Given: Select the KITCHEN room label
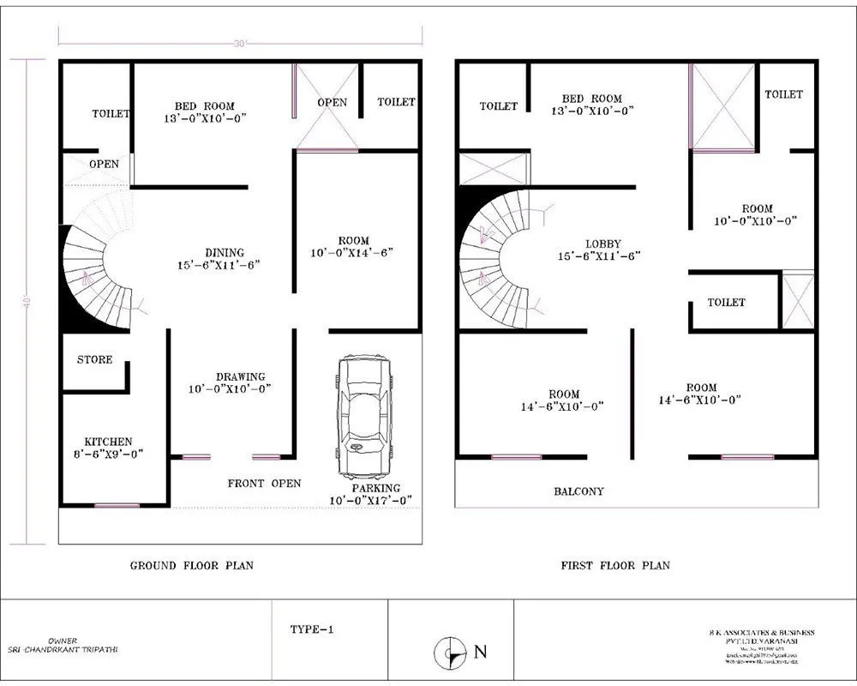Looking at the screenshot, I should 108,442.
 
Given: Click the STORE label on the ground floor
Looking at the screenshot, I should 94,359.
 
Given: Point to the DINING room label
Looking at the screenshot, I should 225,253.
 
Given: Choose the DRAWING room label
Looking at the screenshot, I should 240,376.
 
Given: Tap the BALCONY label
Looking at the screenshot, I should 578,491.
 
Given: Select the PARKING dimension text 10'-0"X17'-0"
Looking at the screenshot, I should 371,500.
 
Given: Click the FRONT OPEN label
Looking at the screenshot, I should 264,484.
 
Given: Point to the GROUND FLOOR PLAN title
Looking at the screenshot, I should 191,565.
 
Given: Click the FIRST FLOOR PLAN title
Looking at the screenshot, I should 615,565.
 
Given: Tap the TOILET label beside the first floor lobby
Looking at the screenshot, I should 726,303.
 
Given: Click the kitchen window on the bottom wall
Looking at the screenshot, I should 117,506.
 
